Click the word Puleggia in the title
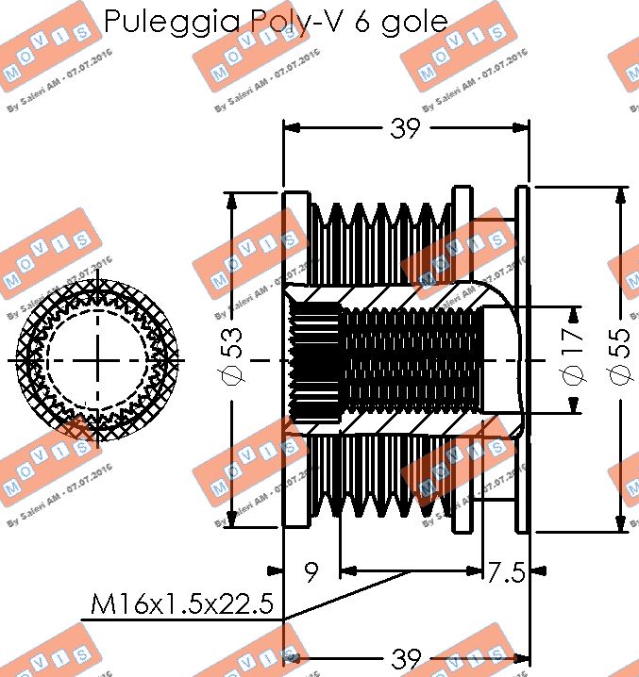coord(158,23)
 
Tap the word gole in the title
coord(413,23)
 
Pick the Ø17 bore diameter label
coord(573,360)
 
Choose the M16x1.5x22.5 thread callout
coord(182,603)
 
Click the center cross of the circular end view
coord(98,360)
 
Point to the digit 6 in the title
coord(363,23)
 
